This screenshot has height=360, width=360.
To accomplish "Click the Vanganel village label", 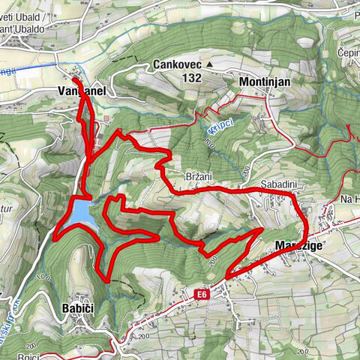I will tap(79, 91).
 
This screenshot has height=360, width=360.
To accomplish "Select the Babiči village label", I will tap(79, 307).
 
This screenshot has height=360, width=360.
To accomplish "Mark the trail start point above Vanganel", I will tap(75, 77).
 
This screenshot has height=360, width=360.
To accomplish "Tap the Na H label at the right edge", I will tap(349, 199).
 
